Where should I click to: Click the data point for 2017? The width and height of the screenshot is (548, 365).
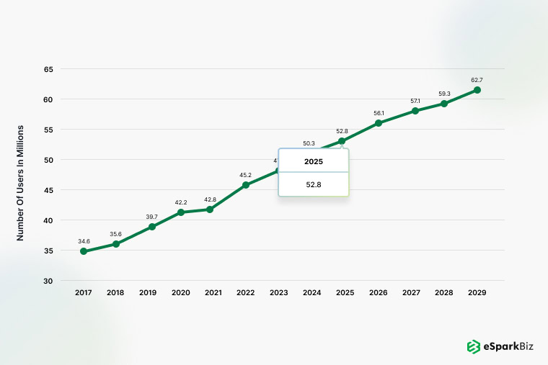click(x=84, y=251)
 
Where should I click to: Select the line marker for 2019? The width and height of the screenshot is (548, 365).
click(x=152, y=227)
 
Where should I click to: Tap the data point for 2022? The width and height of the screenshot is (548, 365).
click(x=246, y=185)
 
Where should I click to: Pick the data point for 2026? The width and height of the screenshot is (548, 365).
click(x=379, y=123)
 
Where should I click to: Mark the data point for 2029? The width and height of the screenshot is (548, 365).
click(x=477, y=90)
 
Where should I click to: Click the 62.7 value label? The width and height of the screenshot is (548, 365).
click(x=477, y=80)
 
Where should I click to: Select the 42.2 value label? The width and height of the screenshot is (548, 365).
click(x=181, y=202)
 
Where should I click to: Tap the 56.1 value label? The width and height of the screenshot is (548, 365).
click(x=379, y=113)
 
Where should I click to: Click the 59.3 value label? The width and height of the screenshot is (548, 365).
click(x=444, y=93)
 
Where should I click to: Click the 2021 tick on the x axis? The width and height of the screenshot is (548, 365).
click(x=213, y=292)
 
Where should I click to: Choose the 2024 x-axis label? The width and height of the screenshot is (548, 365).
click(x=312, y=292)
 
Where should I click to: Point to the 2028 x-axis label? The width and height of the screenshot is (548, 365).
click(x=444, y=292)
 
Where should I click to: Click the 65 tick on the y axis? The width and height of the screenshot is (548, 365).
click(x=48, y=69)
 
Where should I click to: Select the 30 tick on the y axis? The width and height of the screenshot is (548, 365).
click(x=48, y=280)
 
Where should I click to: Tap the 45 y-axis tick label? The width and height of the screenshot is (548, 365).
click(x=48, y=190)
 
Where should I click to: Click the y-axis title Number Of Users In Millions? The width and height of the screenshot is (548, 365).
click(x=21, y=183)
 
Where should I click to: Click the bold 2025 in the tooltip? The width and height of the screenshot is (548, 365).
click(x=314, y=161)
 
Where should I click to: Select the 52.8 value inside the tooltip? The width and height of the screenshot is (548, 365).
click(x=314, y=184)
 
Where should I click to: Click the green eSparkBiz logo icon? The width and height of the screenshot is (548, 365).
click(x=473, y=346)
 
